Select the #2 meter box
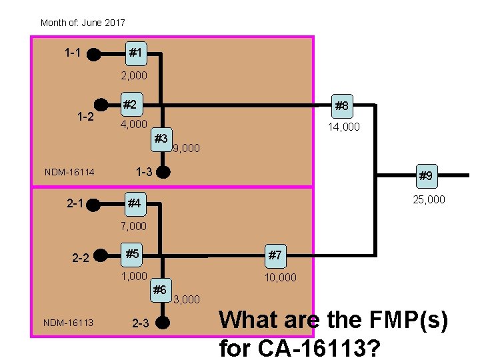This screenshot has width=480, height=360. [131, 105]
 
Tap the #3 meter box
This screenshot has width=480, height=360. [161, 139]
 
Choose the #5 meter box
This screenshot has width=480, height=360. [133, 254]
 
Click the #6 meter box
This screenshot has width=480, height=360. [160, 289]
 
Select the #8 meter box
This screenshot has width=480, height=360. [342, 105]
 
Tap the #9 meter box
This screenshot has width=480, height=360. [425, 176]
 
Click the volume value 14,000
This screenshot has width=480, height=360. [343, 127]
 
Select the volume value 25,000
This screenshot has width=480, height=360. [429, 199]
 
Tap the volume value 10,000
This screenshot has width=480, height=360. [281, 277]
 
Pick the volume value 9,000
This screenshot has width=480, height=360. [186, 149]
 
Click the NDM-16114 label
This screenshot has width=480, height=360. [69, 173]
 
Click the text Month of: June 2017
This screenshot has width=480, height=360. [83, 23]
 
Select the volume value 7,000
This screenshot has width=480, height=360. [133, 227]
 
